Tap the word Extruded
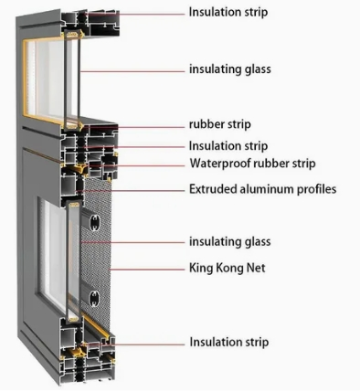(x=215, y=190)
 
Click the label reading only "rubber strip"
(x=220, y=124)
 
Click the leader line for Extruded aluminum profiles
(x=146, y=190)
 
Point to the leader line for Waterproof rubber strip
(x=151, y=165)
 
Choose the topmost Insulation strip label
(x=228, y=12)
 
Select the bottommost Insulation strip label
(x=228, y=343)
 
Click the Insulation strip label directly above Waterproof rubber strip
(x=228, y=145)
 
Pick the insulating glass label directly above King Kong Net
(x=229, y=242)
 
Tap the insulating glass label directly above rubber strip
(x=229, y=69)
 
